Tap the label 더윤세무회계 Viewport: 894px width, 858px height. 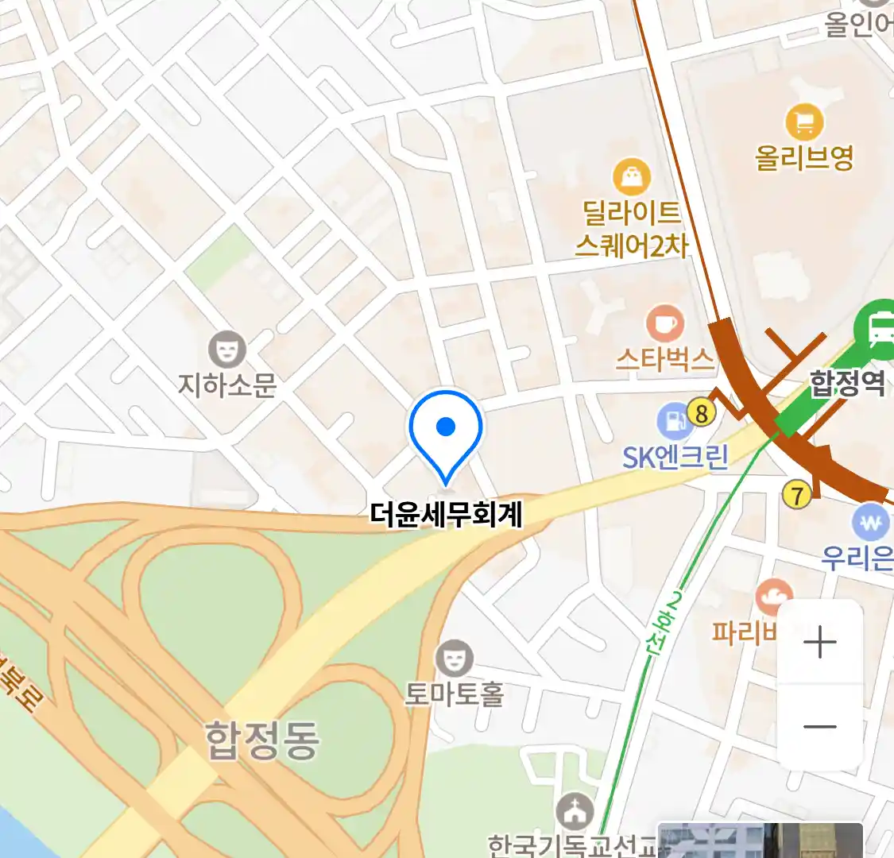pos(446,514)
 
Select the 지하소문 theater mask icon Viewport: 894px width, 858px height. pos(227,350)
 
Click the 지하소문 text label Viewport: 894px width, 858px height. pos(227,385)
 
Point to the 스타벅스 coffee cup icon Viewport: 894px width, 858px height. pos(664,324)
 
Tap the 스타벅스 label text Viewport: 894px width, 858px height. pos(664,360)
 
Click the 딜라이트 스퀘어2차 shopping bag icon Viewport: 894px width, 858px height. pos(632,177)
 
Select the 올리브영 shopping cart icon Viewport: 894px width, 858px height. pos(804,122)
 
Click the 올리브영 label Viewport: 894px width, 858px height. pos(804,157)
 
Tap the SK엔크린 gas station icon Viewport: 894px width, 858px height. pos(675,421)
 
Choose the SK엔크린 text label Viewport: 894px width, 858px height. pos(675,457)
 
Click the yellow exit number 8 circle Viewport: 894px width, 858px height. pos(701,412)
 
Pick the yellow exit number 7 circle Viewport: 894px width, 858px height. pos(796,494)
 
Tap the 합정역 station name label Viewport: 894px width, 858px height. pos(847,383)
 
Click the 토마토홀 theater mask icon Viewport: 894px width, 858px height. pos(454,658)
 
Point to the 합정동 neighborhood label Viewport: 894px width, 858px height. pos(262,740)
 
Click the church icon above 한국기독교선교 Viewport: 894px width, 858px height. pos(574,812)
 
